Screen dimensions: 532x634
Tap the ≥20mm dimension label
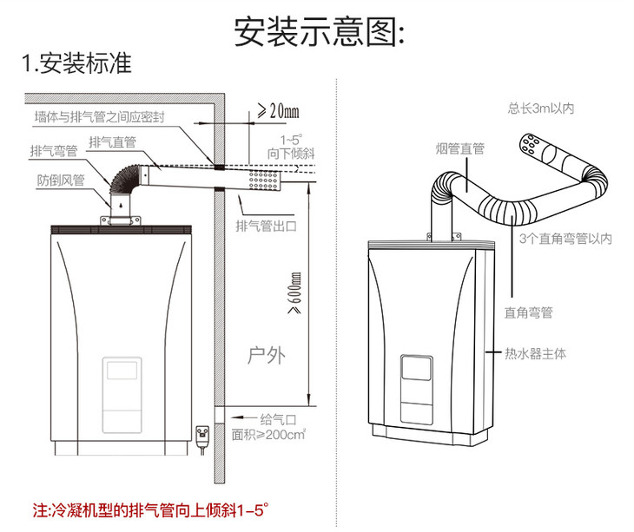[x=278, y=111]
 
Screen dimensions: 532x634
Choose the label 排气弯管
[x=53, y=150]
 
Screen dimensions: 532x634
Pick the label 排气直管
[x=112, y=141]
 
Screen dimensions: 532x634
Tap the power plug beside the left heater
[x=204, y=434]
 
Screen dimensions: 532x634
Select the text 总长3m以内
[x=541, y=108]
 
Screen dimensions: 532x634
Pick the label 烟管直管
[x=459, y=149]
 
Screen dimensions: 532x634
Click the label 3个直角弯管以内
[x=565, y=238]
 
